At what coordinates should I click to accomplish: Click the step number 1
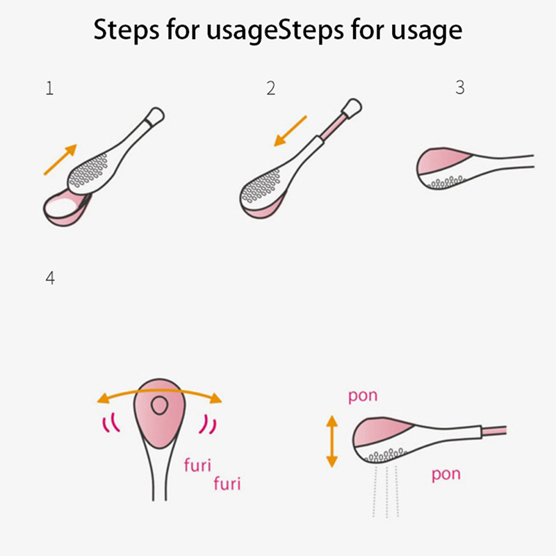click(49, 88)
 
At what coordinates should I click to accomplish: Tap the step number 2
click(271, 88)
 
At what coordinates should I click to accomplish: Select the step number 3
click(460, 88)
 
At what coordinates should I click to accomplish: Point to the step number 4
click(50, 279)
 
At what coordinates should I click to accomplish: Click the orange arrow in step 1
click(60, 160)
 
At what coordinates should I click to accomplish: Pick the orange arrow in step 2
click(291, 131)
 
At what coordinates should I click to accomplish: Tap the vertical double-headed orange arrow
click(332, 441)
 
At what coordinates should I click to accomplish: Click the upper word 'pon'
click(363, 396)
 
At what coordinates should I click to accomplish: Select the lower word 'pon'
click(446, 475)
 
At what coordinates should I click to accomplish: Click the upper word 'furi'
click(197, 465)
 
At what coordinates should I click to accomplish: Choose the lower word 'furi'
click(227, 484)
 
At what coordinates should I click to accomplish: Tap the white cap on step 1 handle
click(155, 115)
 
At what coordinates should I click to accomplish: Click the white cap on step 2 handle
click(352, 107)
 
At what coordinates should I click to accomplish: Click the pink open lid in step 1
click(67, 208)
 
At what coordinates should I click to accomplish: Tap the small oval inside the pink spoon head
click(160, 405)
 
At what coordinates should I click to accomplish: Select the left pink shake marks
click(111, 423)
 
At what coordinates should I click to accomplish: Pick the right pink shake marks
click(208, 424)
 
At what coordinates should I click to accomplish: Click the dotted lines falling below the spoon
click(386, 492)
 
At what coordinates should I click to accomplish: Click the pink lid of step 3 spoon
click(441, 161)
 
